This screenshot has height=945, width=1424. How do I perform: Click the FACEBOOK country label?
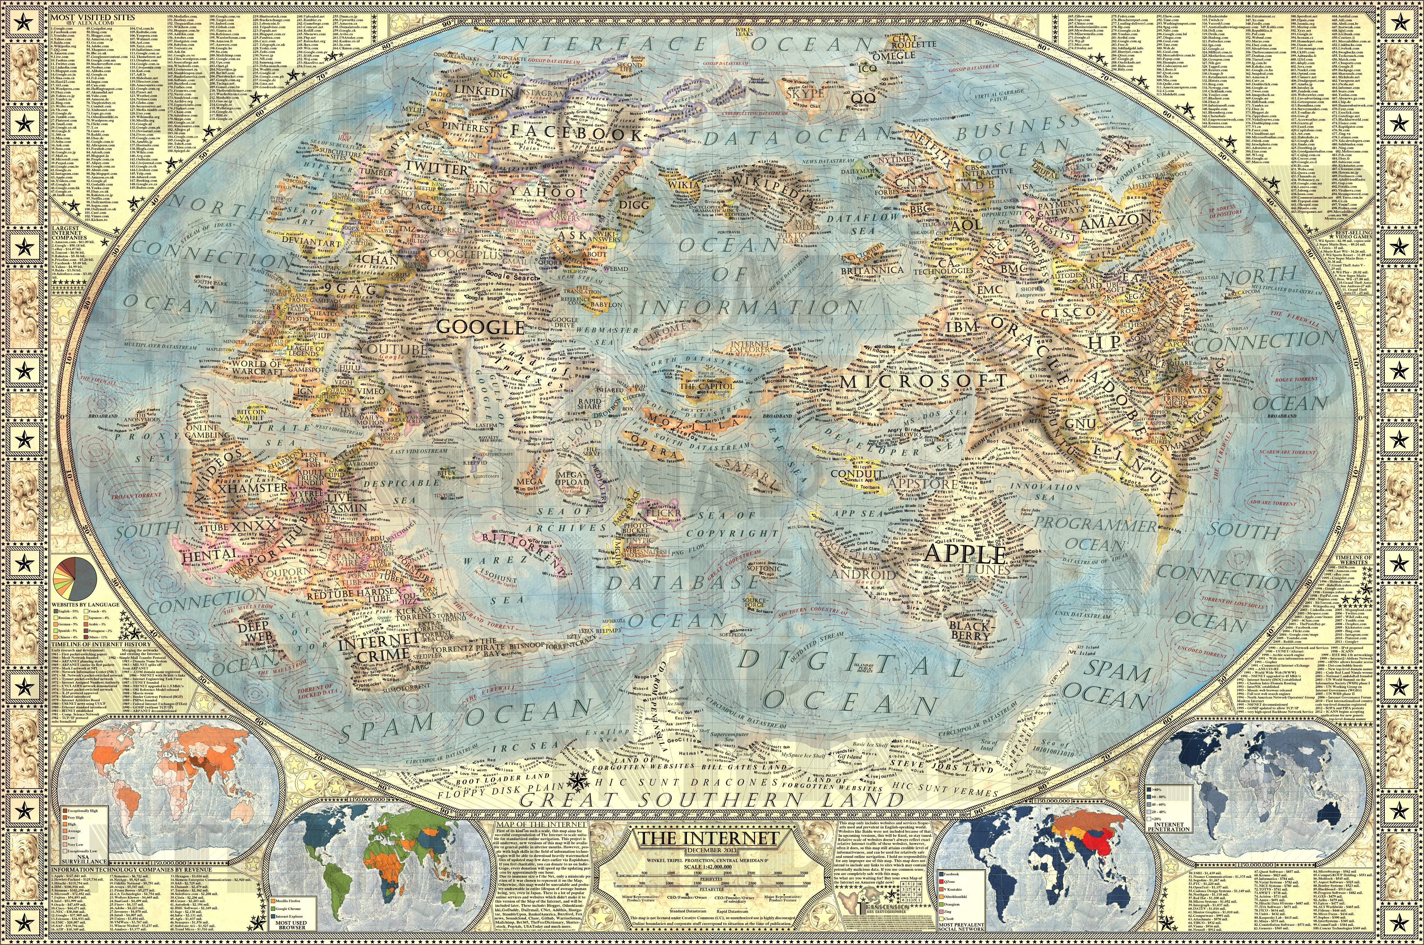pos(577,133)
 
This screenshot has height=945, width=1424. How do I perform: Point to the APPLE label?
pos(965,553)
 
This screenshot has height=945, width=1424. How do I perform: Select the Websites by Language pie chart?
pos(76,577)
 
